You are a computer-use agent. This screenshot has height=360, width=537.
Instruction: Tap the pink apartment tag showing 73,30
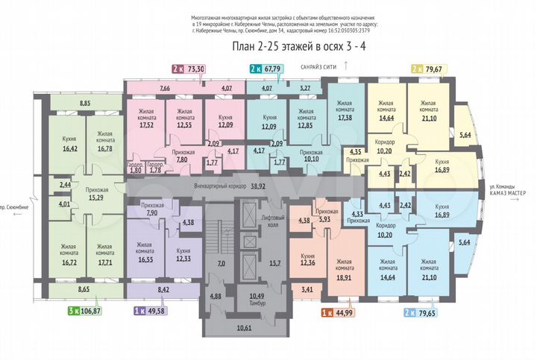click(189, 69)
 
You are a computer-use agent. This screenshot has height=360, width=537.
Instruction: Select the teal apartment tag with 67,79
click(264, 69)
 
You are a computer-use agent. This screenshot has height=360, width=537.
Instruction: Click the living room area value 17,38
click(345, 118)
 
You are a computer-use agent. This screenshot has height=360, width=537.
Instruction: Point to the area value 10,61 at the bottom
click(243, 326)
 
